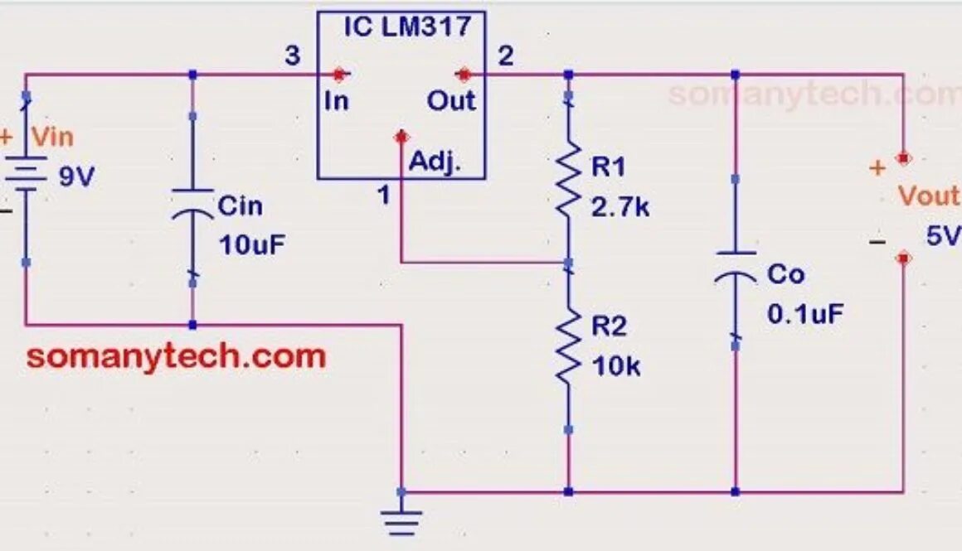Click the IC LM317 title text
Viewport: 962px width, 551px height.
[x=407, y=26]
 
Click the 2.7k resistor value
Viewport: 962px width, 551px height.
[x=620, y=207]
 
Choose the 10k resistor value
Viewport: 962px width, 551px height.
[x=615, y=365]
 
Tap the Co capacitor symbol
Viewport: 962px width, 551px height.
[x=735, y=265]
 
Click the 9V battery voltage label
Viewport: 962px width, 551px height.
[x=77, y=176]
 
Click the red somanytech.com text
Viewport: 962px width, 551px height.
[x=176, y=357]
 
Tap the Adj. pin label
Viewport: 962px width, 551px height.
[x=434, y=163]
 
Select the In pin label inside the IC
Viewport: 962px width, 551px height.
[x=337, y=101]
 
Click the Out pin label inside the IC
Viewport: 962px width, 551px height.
[x=451, y=101]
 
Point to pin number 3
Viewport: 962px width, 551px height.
[x=292, y=56]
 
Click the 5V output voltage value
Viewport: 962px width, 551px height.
[x=943, y=237]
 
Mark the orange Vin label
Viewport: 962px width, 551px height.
[x=51, y=136]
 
